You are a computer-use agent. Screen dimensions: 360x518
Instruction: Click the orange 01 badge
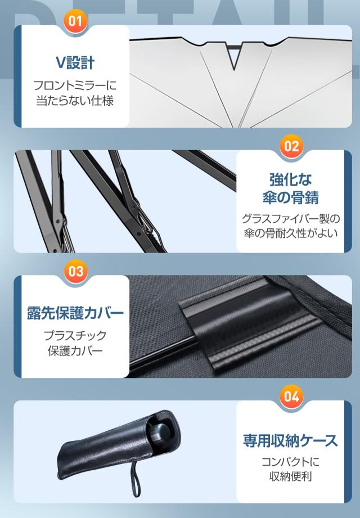(x=75, y=21)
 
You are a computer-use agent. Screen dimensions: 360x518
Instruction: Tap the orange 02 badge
(x=291, y=146)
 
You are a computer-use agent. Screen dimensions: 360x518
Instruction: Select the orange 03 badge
(x=76, y=271)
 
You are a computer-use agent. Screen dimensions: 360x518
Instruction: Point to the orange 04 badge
(x=291, y=396)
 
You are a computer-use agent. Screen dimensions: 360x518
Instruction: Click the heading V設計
(x=75, y=62)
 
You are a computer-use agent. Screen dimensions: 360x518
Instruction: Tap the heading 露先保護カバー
(x=75, y=313)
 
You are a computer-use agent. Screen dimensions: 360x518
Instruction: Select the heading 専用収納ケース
(x=290, y=440)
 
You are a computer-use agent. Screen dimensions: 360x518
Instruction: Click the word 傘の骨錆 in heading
(x=291, y=197)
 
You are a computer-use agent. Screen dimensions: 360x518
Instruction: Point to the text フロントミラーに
(x=75, y=85)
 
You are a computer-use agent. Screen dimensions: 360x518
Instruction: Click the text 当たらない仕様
(x=75, y=101)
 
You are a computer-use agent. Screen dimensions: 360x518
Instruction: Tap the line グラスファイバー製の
(x=291, y=218)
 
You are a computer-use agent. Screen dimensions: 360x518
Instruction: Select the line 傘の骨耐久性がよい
(x=291, y=233)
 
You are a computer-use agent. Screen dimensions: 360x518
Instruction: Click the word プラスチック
(x=75, y=335)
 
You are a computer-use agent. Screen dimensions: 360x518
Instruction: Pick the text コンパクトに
(x=290, y=462)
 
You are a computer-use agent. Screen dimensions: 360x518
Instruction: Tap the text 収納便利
(x=290, y=476)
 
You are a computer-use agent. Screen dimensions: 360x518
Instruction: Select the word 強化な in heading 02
(x=291, y=180)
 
